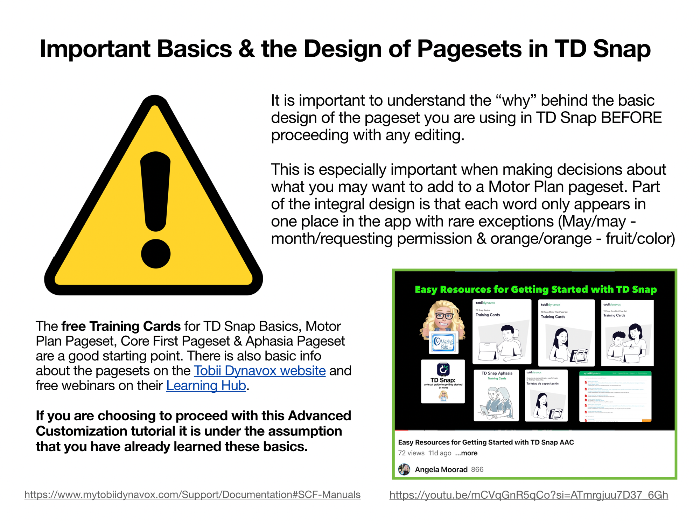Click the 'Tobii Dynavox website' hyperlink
[259, 371]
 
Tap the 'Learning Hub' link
[206, 386]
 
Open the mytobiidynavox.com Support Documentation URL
[192, 495]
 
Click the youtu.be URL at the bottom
[528, 495]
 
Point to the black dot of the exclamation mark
[156, 253]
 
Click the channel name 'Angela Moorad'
[441, 469]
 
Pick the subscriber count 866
[477, 469]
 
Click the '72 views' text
[411, 453]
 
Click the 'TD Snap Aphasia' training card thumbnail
[496, 395]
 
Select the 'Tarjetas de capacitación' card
[546, 395]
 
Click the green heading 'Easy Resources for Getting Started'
[535, 289]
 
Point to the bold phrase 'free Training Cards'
[121, 326]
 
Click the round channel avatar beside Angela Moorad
[404, 469]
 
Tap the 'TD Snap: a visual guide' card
[443, 381]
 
